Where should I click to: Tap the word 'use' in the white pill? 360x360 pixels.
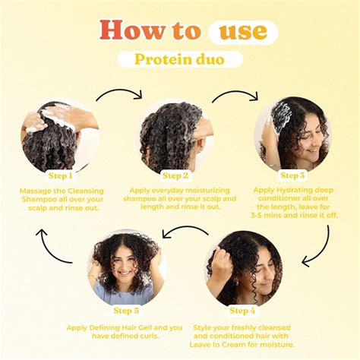coord(242,30)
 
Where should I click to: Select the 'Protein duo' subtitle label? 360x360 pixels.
coord(179,59)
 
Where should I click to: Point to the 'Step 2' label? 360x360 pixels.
coord(175,175)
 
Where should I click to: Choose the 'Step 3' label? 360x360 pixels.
coord(292,175)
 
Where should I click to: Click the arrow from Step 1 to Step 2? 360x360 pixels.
coord(118,95)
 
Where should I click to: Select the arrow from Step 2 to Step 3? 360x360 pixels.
coord(235,95)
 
